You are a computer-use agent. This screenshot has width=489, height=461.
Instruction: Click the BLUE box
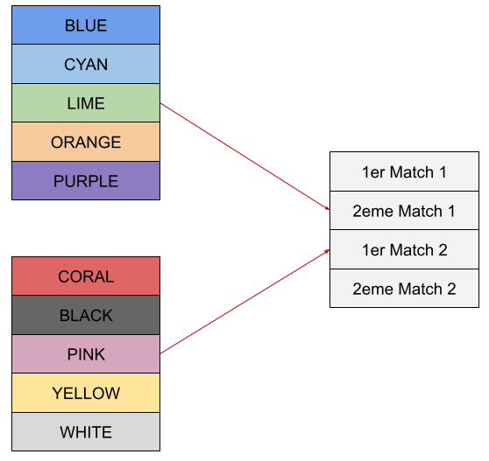pos(86,24)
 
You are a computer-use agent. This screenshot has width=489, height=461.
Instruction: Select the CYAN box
pos(86,64)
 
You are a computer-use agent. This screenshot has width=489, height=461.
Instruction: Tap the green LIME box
pos(86,102)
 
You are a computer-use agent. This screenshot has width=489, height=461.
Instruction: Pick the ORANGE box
pos(86,142)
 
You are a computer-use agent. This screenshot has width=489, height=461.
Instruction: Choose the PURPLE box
pos(86,180)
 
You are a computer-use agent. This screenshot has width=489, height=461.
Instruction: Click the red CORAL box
pos(86,276)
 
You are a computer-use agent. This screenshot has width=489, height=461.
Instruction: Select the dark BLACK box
pos(86,315)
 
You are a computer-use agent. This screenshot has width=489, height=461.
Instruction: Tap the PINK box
pos(86,354)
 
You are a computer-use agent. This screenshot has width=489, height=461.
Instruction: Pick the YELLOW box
pos(86,393)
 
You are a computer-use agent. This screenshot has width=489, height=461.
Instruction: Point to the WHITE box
pos(86,432)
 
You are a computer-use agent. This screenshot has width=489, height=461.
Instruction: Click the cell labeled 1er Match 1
pos(404,171)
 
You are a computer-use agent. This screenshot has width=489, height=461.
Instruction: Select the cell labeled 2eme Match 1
pos(404,211)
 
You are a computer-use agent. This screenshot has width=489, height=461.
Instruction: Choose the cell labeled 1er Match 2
pos(404,249)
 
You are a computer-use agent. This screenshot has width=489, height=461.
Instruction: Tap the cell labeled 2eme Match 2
pos(404,289)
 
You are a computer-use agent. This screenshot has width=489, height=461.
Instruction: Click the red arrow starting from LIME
pos(244,157)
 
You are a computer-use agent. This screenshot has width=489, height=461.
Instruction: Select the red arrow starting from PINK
pos(244,302)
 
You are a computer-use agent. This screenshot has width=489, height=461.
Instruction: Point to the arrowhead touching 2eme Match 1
pos(328,208)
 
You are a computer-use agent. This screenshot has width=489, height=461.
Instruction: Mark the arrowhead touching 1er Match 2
pos(328,250)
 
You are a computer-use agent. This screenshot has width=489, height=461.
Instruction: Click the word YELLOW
pos(86,393)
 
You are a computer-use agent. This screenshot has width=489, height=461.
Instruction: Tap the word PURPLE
pos(86,181)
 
